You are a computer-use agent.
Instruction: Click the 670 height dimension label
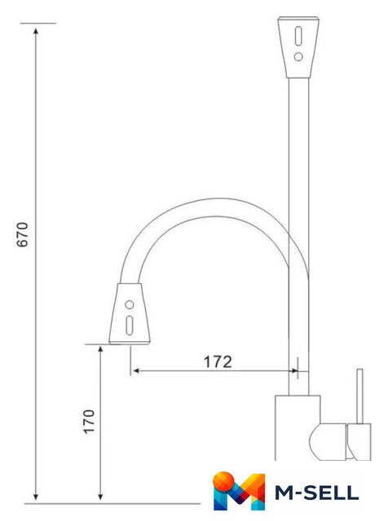click(x=23, y=234)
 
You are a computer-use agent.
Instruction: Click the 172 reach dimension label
click(x=218, y=361)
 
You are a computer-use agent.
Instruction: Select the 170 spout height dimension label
click(x=89, y=422)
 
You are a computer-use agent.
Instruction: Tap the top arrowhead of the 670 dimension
click(x=36, y=31)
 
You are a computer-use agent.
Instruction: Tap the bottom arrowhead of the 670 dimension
click(x=36, y=497)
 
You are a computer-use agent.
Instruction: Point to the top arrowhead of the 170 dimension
click(x=100, y=349)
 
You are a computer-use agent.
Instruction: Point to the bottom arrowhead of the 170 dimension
click(x=100, y=497)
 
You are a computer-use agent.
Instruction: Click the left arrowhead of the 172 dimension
click(x=136, y=371)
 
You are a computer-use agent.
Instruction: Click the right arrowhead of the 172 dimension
click(x=294, y=371)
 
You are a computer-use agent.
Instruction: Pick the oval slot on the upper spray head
click(x=298, y=36)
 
